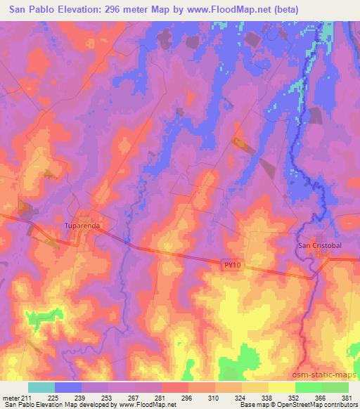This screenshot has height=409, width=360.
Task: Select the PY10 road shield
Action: (233, 264)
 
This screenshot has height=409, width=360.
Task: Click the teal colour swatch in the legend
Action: (41, 387)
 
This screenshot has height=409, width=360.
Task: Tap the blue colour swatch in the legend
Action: (68, 387)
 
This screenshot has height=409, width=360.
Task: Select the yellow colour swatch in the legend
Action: (282, 387)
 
